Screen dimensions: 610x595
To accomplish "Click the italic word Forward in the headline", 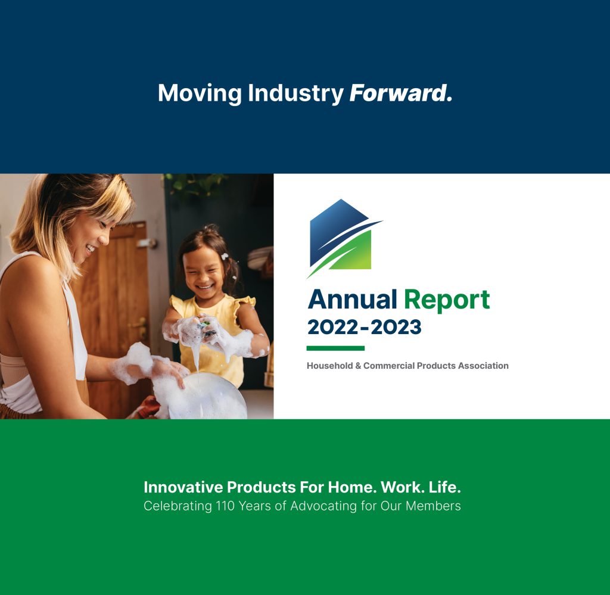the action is coord(401,94).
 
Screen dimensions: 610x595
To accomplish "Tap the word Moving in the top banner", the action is coord(200,94).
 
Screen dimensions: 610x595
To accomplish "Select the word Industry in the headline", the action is coord(295,94).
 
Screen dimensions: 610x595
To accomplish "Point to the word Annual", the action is coord(353,300).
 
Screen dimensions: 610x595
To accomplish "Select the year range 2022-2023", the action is coord(364,327).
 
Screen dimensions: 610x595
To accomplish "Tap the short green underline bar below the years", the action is coord(335,348).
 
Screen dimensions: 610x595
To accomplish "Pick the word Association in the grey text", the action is coord(483,366).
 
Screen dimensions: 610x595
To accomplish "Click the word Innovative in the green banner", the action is coord(183,487).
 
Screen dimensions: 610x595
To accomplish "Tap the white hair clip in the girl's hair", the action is coord(225,256).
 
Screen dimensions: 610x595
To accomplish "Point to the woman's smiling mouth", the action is coord(91,248).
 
